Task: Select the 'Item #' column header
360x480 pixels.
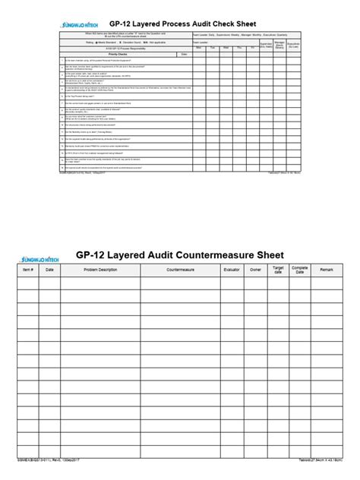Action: pyautogui.click(x=28, y=270)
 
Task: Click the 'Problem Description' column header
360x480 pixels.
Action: pyautogui.click(x=100, y=270)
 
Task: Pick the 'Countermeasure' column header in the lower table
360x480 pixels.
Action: pyautogui.click(x=181, y=270)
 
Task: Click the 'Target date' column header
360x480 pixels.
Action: pyautogui.click(x=278, y=270)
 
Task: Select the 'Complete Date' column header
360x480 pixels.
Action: pyautogui.click(x=301, y=270)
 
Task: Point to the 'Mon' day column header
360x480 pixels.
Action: pyautogui.click(x=199, y=47)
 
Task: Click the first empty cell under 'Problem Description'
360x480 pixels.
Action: pyautogui.click(x=100, y=283)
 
